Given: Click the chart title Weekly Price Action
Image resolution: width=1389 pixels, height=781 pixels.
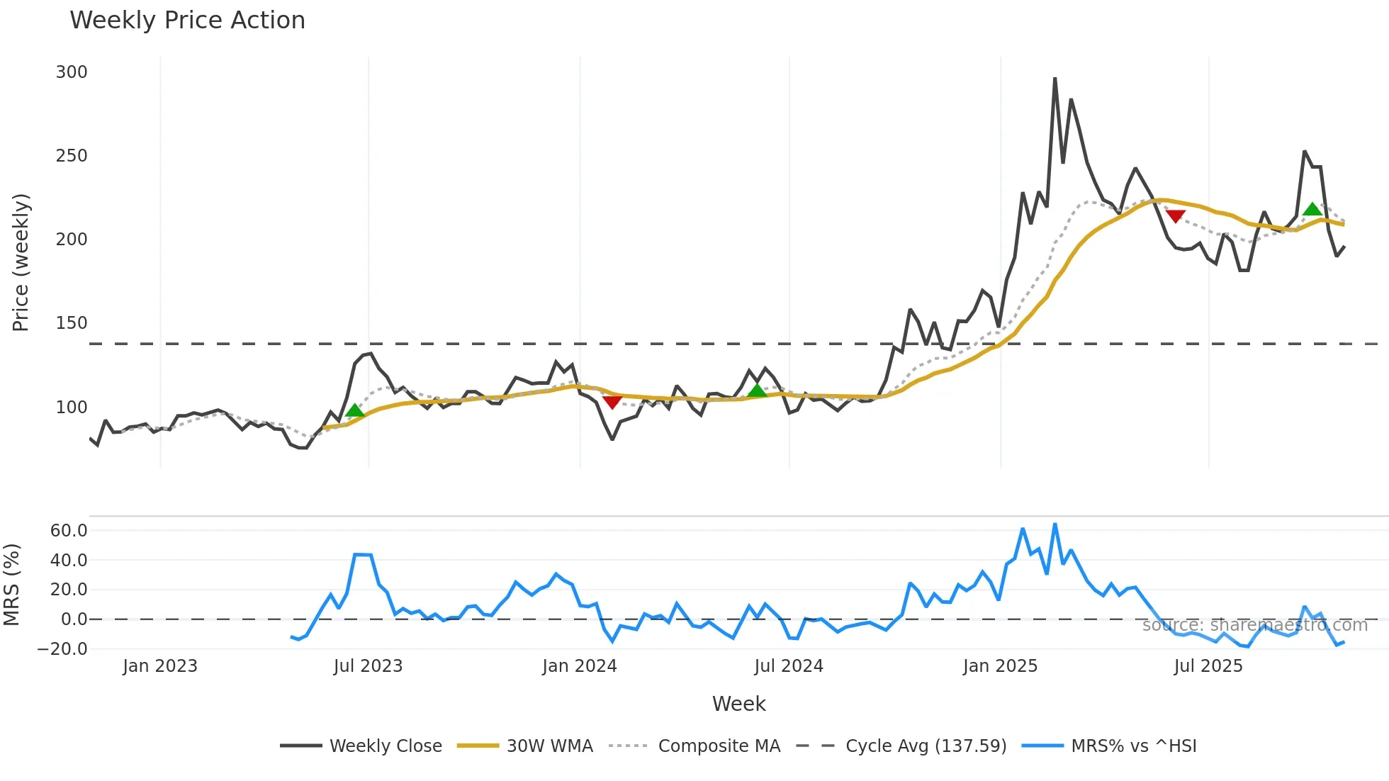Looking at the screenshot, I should (x=187, y=21).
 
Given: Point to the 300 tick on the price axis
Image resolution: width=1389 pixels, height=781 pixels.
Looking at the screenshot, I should (x=72, y=72).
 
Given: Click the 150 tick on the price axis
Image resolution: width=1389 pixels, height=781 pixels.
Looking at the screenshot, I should (x=72, y=323).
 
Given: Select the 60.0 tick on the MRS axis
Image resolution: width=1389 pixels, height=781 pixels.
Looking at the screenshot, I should (x=69, y=531).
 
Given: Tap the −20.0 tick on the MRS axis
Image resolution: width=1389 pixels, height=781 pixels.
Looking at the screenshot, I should (x=63, y=649).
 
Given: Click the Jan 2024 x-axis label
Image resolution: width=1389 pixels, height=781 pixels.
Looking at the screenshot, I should (x=580, y=666).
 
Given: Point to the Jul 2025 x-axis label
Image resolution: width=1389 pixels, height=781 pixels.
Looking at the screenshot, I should (x=1208, y=666).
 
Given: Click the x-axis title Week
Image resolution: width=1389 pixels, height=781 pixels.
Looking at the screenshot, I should (x=738, y=704).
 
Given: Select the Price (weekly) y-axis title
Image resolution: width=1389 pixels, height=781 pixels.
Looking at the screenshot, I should (x=21, y=262).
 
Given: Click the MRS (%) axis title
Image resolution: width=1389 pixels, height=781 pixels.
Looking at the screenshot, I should (x=11, y=585).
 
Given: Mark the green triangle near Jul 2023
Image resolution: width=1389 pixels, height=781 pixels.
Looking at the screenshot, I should (x=355, y=410).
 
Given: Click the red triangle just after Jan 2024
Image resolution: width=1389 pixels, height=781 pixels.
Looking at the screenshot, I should (x=612, y=402).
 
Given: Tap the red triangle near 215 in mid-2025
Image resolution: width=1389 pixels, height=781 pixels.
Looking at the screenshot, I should (x=1175, y=216).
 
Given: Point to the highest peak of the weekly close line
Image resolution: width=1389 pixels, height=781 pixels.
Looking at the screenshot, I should (x=1055, y=79).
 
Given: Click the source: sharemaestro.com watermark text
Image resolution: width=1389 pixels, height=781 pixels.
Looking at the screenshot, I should (x=1254, y=625).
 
